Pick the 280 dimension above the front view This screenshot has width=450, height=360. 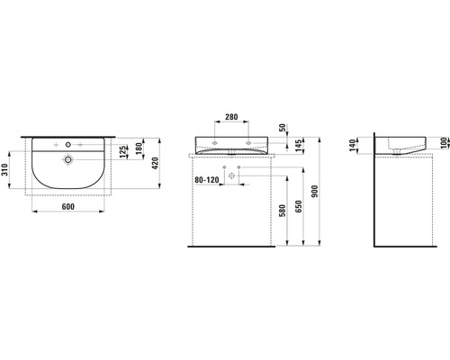[232, 117]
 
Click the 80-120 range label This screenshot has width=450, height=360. [207, 179]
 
